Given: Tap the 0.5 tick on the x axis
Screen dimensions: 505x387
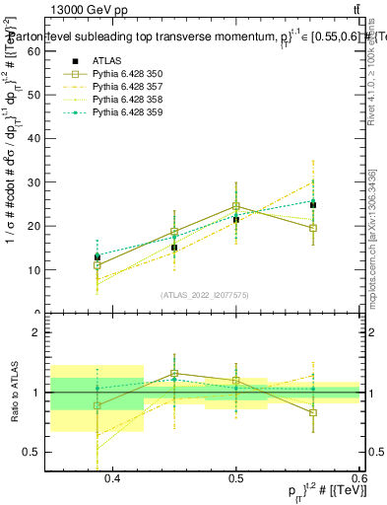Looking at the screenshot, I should coord(236,477).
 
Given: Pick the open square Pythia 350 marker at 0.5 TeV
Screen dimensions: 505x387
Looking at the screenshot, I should coord(236,207).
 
